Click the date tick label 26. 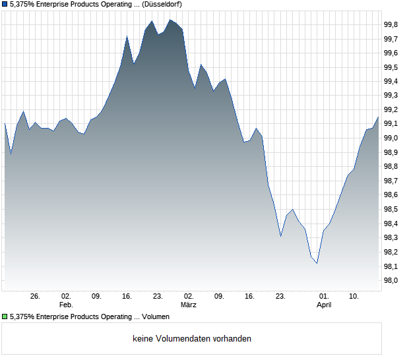pyautogui.click(x=36, y=297)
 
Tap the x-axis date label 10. pyautogui.click(x=354, y=297)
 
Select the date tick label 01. pyautogui.click(x=324, y=297)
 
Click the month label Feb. pyautogui.click(x=66, y=305)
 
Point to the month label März pyautogui.click(x=189, y=305)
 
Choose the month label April pyautogui.click(x=324, y=305)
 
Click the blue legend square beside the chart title pyautogui.click(x=5, y=4)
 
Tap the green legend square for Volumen pyautogui.click(x=5, y=317)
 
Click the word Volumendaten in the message pyautogui.click(x=181, y=339)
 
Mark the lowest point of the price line pyautogui.click(x=317, y=264)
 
